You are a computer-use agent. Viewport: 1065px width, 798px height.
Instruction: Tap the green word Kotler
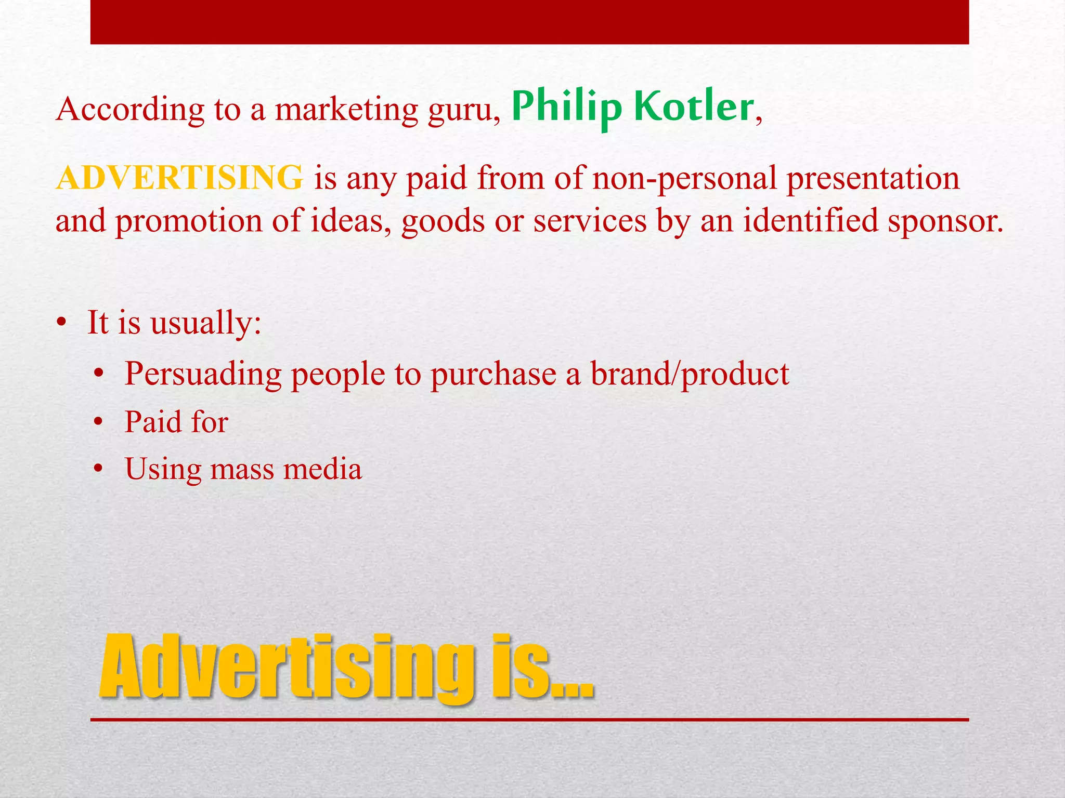tap(694, 107)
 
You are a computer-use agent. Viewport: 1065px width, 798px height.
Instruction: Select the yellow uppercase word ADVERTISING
tap(180, 178)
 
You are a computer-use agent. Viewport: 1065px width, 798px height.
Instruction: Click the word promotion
tap(189, 221)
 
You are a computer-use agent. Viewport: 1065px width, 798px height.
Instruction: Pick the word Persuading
tap(203, 374)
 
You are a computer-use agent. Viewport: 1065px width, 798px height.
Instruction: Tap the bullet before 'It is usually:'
tap(62, 323)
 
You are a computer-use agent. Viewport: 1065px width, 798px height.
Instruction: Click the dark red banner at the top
tap(529, 22)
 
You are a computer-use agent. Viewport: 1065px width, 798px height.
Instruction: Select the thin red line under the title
tap(529, 720)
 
